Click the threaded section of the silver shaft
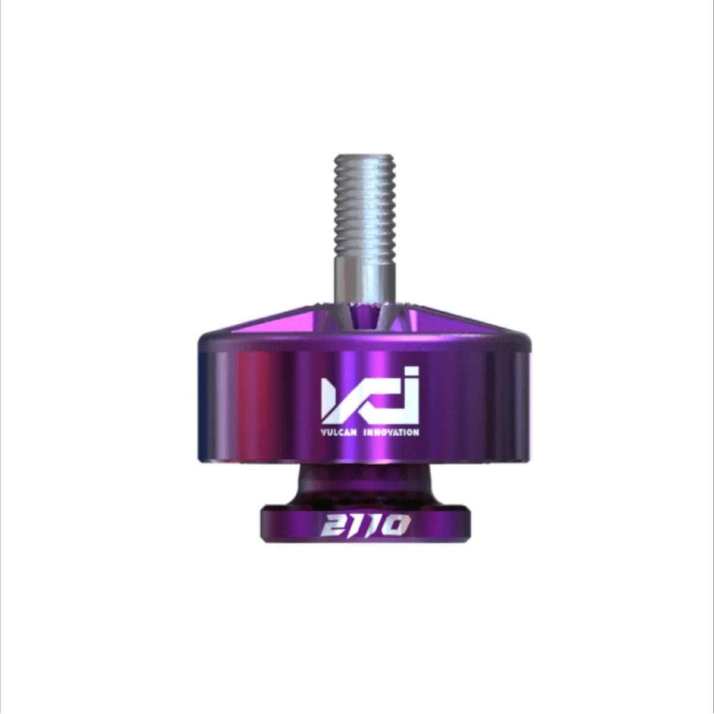pyautogui.click(x=365, y=208)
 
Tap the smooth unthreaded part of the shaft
pyautogui.click(x=365, y=283)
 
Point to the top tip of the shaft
pyautogui.click(x=365, y=156)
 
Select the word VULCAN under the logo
pyautogui.click(x=339, y=433)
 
